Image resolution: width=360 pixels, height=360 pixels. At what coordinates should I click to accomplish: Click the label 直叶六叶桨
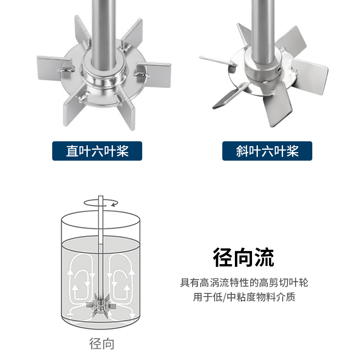(x=97, y=151)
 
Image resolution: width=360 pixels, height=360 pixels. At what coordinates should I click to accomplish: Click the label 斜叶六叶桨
(x=267, y=151)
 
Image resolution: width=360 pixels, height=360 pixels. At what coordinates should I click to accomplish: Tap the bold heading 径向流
(x=243, y=258)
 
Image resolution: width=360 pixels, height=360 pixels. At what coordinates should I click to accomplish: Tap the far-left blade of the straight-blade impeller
(x=52, y=64)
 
